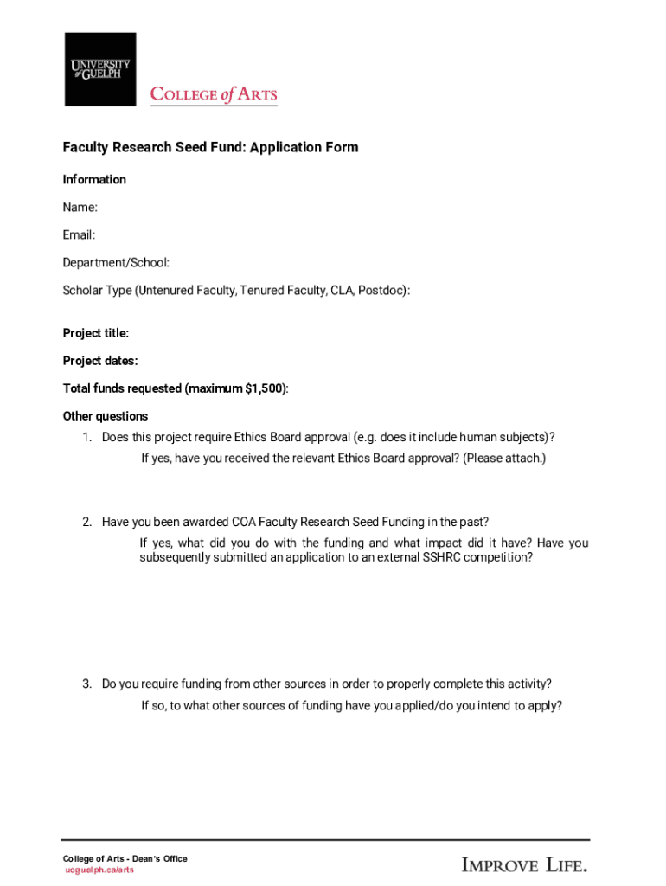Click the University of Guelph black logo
(x=100, y=69)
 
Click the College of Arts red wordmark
(x=214, y=94)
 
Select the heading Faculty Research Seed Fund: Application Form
(x=210, y=147)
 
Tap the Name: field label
(x=80, y=208)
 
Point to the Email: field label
(x=79, y=235)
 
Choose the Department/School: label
(x=116, y=263)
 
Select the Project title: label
(x=96, y=333)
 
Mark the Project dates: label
(x=100, y=361)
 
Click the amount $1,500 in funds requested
(x=264, y=388)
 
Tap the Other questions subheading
(x=106, y=416)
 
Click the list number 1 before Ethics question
(x=87, y=437)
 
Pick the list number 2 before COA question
(x=87, y=522)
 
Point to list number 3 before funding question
(x=87, y=684)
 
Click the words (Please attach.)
(x=504, y=458)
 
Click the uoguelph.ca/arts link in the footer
(x=99, y=870)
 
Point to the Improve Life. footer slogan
(x=525, y=864)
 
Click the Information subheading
(x=94, y=180)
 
